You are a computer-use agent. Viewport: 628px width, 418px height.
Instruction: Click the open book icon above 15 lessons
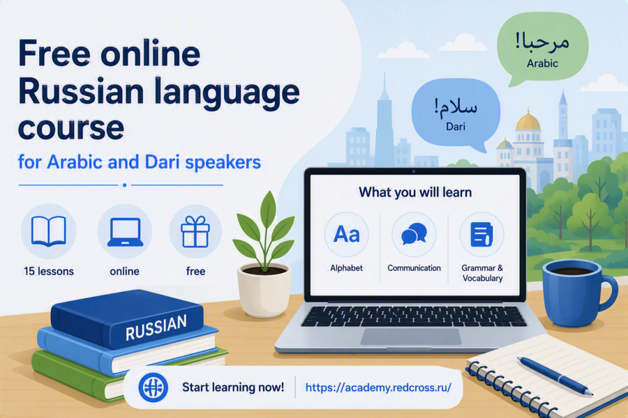pyautogui.click(x=48, y=231)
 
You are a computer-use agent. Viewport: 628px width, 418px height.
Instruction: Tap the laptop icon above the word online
pyautogui.click(x=125, y=232)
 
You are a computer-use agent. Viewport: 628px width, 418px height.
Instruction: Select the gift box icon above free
pyautogui.click(x=195, y=231)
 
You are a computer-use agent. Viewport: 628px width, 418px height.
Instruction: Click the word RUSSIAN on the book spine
pyautogui.click(x=156, y=327)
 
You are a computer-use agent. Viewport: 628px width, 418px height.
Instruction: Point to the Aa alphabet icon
pyautogui.click(x=346, y=234)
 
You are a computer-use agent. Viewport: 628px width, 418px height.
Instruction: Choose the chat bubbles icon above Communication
pyautogui.click(x=414, y=233)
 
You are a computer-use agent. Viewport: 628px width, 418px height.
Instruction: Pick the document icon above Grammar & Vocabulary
pyautogui.click(x=481, y=234)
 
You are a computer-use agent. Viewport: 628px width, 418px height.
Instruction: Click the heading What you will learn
pyautogui.click(x=415, y=192)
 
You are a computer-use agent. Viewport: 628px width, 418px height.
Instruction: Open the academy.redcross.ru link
pyautogui.click(x=378, y=387)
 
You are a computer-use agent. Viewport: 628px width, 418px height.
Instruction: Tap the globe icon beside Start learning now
pyautogui.click(x=153, y=387)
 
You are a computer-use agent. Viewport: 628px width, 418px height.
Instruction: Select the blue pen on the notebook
pyautogui.click(x=555, y=376)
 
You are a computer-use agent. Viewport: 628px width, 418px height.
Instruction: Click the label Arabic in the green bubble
pyautogui.click(x=542, y=63)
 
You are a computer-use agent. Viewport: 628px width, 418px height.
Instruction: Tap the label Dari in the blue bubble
pyautogui.click(x=456, y=127)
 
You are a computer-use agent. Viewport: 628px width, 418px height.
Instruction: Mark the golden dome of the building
pyautogui.click(x=528, y=121)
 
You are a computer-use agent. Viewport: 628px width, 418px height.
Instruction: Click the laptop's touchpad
pyautogui.click(x=411, y=336)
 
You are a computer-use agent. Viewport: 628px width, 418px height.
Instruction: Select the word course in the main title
pyautogui.click(x=71, y=128)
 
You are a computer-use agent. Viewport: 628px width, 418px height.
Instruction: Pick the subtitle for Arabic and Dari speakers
pyautogui.click(x=140, y=162)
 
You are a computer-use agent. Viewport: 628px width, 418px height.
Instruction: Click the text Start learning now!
pyautogui.click(x=233, y=387)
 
